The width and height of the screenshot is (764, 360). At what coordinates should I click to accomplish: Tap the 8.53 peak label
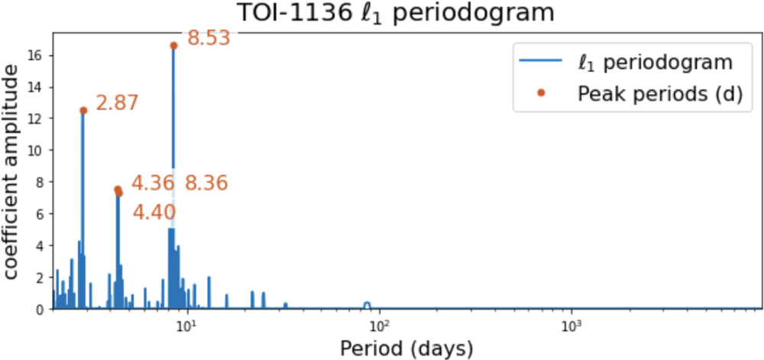pyautogui.click(x=209, y=38)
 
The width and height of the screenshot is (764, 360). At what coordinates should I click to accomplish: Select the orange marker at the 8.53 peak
pyautogui.click(x=173, y=46)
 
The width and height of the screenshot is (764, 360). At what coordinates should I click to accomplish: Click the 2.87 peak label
pyautogui.click(x=117, y=103)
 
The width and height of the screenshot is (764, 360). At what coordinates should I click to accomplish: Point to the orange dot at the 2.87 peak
pyautogui.click(x=83, y=111)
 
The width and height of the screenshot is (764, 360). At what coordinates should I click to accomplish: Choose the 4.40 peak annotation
pyautogui.click(x=154, y=212)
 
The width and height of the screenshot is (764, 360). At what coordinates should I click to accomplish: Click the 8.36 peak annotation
pyautogui.click(x=207, y=183)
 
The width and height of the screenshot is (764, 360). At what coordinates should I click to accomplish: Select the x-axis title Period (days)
pyautogui.click(x=407, y=348)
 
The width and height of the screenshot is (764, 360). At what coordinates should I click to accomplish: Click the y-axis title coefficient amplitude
pyautogui.click(x=15, y=172)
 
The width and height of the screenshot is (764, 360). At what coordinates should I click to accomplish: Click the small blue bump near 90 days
pyautogui.click(x=367, y=304)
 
